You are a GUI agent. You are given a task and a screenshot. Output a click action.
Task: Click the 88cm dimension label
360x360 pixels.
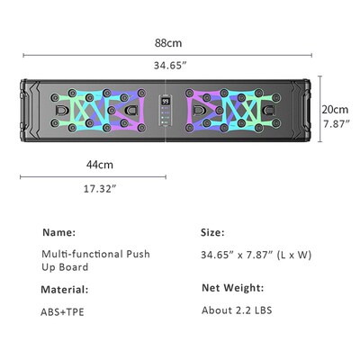coord(168,41)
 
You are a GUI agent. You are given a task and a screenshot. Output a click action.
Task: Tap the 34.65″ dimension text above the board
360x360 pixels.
coord(168,66)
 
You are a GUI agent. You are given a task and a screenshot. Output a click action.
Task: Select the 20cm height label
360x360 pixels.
coord(334,109)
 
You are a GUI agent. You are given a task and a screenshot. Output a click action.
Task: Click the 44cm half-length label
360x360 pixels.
coord(100,165)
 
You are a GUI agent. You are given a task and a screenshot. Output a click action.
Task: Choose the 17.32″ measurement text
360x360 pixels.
coord(99,189)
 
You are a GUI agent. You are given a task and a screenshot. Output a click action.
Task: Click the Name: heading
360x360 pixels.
coord(58,232)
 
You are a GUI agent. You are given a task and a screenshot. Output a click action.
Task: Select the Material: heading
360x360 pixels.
coord(64,289)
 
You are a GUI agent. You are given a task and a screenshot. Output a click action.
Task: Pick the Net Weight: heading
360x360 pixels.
coord(232,288)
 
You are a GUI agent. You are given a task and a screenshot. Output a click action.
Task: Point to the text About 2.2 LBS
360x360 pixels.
coord(237,312)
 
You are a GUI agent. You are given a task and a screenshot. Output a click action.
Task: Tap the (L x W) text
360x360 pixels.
coord(292,255)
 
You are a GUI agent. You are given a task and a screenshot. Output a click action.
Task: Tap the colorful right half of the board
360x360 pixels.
coord(234,112)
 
